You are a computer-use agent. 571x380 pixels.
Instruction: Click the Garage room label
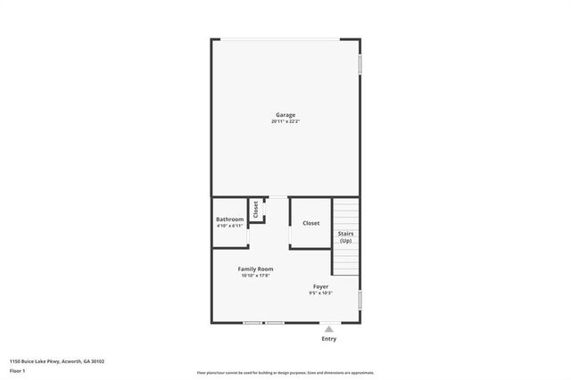pyautogui.click(x=285, y=114)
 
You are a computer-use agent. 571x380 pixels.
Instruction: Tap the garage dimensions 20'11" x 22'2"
pyautogui.click(x=285, y=121)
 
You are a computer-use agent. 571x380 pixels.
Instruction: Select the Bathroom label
pyautogui.click(x=229, y=219)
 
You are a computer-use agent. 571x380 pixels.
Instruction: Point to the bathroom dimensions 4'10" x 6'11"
pyautogui.click(x=229, y=226)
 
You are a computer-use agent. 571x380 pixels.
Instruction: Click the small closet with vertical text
pyautogui.click(x=256, y=210)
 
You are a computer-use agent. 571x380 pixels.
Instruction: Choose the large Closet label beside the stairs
pyautogui.click(x=310, y=223)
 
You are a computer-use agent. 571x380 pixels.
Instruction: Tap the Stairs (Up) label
pyautogui.click(x=345, y=237)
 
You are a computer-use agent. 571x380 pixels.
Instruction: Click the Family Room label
pyautogui.click(x=255, y=268)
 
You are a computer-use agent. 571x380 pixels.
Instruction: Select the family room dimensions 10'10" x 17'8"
pyautogui.click(x=255, y=276)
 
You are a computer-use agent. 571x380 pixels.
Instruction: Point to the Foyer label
pyautogui.click(x=320, y=286)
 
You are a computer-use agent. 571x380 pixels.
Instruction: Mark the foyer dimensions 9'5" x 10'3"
pyautogui.click(x=320, y=293)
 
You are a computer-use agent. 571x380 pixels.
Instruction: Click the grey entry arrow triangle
pyautogui.click(x=328, y=329)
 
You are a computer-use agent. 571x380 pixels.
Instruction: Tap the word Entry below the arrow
pyautogui.click(x=328, y=339)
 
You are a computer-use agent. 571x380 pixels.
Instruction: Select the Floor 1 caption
pyautogui.click(x=17, y=369)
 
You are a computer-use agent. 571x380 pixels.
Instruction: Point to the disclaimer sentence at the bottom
pyautogui.click(x=285, y=373)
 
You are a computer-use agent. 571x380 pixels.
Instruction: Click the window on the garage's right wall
pyautogui.click(x=360, y=64)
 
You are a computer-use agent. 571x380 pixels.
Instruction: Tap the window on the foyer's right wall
pyautogui.click(x=360, y=300)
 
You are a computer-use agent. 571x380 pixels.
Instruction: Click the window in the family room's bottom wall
pyautogui.click(x=263, y=323)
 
